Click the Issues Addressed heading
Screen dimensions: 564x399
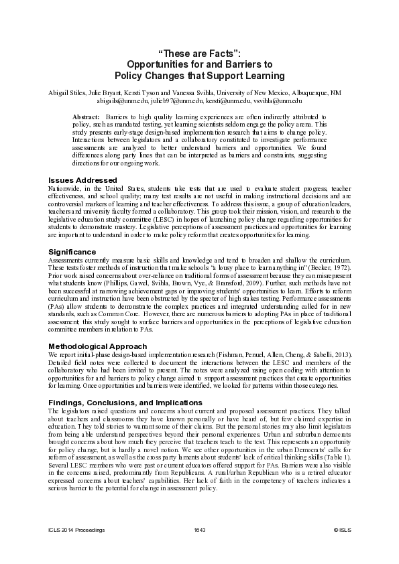pos(83,180)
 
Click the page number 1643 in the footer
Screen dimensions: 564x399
pos(199,530)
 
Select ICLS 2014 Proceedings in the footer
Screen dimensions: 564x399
pos(76,530)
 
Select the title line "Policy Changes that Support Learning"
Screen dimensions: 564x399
pos(199,76)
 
